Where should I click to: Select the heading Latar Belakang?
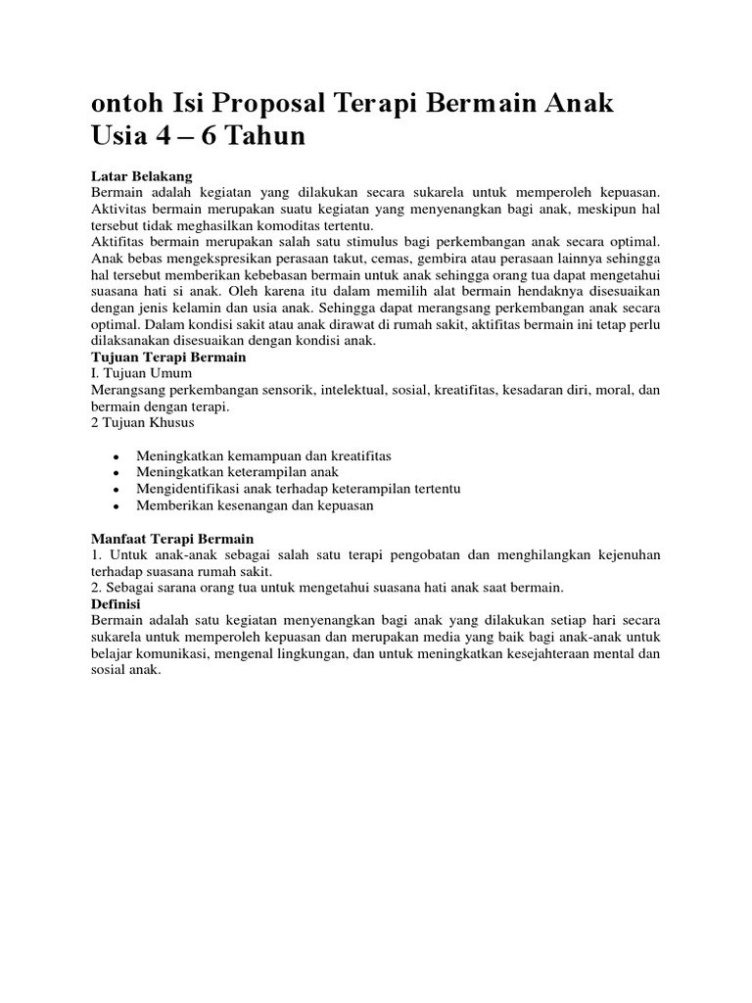pos(132,175)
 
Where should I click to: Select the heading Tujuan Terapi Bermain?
pos(168,358)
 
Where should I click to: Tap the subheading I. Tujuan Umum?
pos(141,373)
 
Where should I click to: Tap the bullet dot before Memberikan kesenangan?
pos(117,507)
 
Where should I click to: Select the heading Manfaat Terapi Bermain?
pos(172,540)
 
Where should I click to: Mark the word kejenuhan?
pos(619,555)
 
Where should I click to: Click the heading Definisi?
pos(116,605)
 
